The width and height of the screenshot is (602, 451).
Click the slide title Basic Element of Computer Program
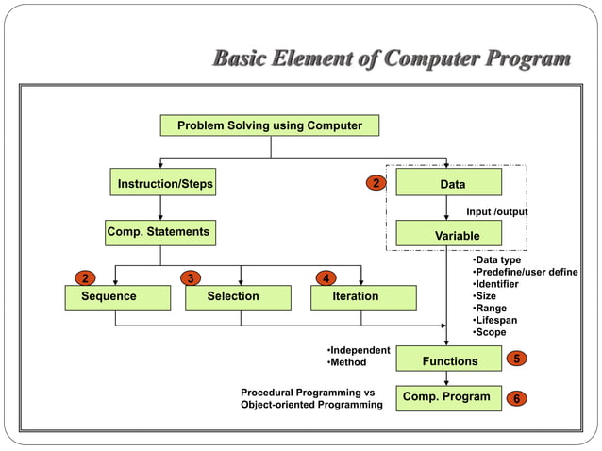392,60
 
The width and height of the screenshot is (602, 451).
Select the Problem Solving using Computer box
270,125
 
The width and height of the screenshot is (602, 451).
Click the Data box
448,183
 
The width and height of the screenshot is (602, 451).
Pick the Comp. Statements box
159,231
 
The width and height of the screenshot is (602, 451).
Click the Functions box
450,360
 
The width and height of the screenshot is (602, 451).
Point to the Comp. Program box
447,397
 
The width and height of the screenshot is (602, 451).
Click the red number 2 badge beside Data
376,182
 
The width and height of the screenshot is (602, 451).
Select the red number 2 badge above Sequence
85,278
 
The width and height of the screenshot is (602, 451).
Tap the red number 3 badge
192,278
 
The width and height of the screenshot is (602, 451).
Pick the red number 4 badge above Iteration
326,278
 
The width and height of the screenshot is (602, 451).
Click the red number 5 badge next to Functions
516,359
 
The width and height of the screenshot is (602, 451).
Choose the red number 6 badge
516,398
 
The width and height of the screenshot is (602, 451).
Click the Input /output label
496,212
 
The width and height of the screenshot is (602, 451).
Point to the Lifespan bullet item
496,321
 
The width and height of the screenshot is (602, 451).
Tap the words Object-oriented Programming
311,405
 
